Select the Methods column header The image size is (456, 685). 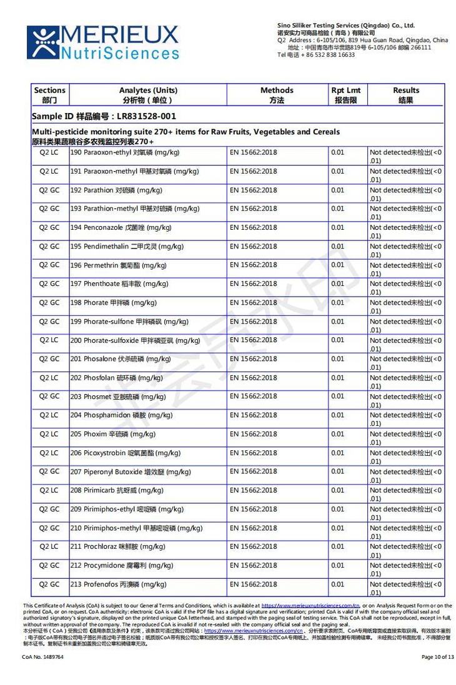click(277, 95)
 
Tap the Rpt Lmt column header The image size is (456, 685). click(345, 95)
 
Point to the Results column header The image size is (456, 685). click(405, 95)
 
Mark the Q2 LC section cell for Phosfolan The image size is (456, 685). click(49, 378)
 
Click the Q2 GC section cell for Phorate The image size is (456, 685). click(49, 303)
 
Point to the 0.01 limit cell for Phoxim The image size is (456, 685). click(338, 434)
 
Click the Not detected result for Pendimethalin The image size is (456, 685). click(405, 250)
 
